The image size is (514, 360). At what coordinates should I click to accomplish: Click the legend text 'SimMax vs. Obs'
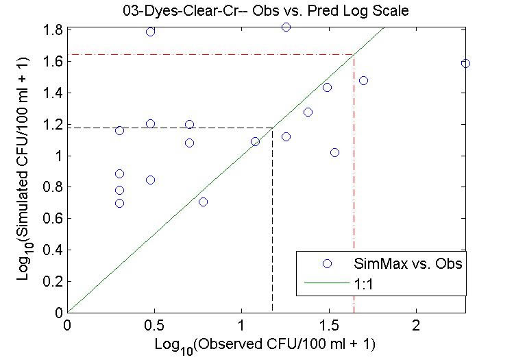pos(408,263)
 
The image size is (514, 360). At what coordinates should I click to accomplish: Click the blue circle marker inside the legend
pos(328,263)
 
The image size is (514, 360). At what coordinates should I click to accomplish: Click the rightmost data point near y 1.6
pos(465,63)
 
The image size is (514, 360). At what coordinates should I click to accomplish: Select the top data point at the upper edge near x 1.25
pos(286,27)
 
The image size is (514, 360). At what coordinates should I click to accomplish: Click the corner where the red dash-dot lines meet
pos(354,54)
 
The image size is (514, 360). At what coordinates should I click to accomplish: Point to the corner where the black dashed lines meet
pos(272,127)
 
